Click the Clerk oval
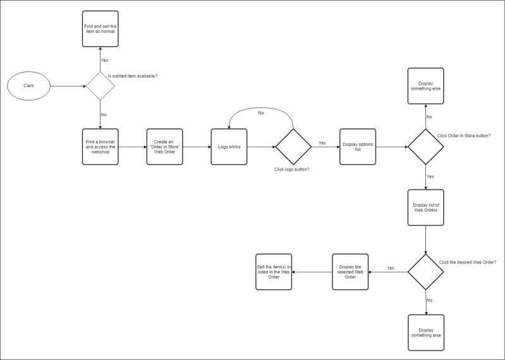point(28,86)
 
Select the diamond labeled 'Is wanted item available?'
point(100,86)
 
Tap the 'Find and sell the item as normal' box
point(100,28)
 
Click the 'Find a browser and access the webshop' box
point(100,147)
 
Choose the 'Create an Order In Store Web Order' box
point(164,147)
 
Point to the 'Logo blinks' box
point(228,147)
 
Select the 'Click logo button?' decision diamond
point(293,147)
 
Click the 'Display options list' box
point(358,147)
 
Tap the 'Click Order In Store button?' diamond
point(425,147)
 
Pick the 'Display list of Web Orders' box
point(425,207)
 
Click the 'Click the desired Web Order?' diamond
point(425,272)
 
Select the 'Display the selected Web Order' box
point(350,272)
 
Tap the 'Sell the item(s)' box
point(274,272)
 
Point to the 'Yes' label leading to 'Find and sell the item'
point(104,61)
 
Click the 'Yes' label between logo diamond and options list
point(322,143)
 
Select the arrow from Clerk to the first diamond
point(67,86)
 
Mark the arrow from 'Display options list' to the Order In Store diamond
point(391,147)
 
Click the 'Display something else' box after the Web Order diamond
point(425,332)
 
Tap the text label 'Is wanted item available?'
point(132,76)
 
